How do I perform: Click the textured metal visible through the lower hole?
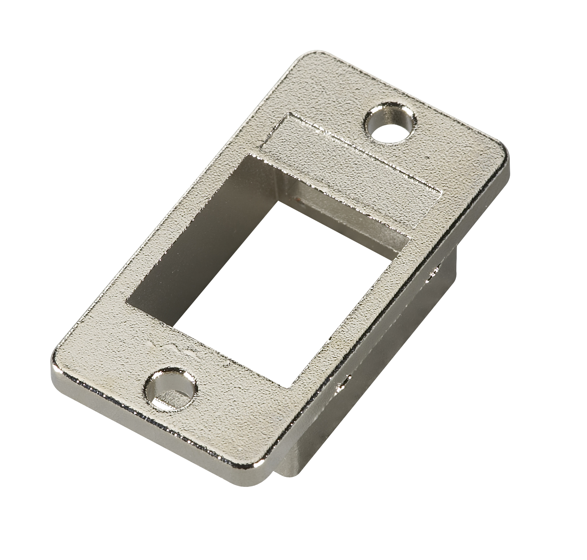[x=170, y=398]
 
